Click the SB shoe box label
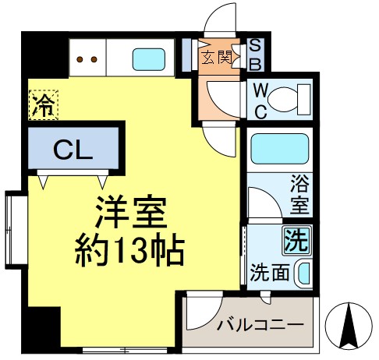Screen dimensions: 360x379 [254, 55]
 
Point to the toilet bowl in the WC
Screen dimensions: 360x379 [293, 100]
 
